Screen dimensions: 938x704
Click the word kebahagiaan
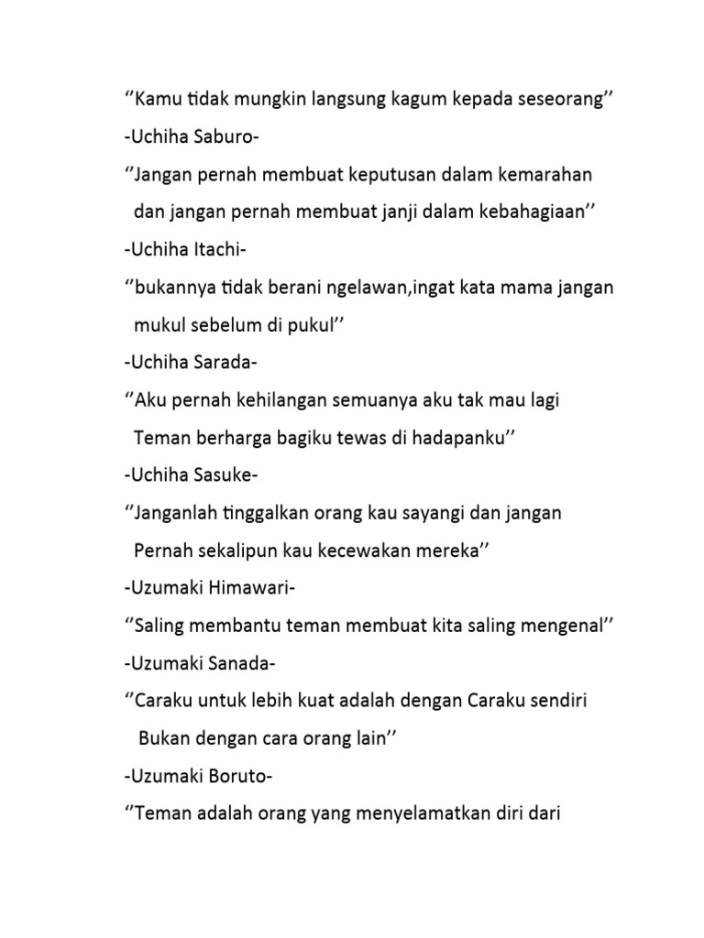(x=536, y=212)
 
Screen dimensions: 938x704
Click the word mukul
(x=158, y=325)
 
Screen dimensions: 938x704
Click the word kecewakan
(x=363, y=551)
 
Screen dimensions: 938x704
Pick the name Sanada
(x=232, y=664)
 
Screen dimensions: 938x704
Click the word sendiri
(x=555, y=702)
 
